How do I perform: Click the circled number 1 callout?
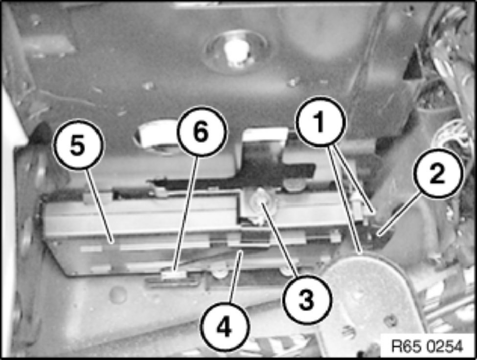pyautogui.click(x=321, y=122)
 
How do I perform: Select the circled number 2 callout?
pyautogui.click(x=437, y=174)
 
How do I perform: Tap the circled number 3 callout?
pyautogui.click(x=307, y=299)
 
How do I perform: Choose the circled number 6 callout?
pyautogui.click(x=202, y=132)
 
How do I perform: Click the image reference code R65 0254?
pyautogui.click(x=427, y=346)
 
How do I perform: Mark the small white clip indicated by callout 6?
pyautogui.click(x=173, y=275)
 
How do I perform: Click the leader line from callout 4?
pyautogui.click(x=236, y=277)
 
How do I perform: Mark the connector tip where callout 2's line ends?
pyautogui.click(x=379, y=235)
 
